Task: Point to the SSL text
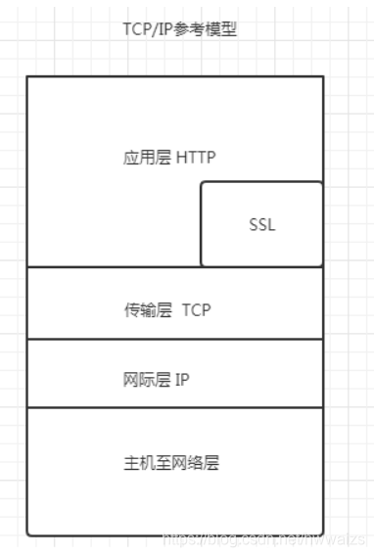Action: pyautogui.click(x=261, y=224)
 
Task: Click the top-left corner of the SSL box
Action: pyautogui.click(x=202, y=182)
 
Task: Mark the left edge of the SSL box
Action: pyautogui.click(x=201, y=224)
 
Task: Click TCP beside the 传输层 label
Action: pyautogui.click(x=196, y=310)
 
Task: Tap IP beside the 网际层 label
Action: pyautogui.click(x=181, y=381)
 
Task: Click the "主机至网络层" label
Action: pyautogui.click(x=172, y=463)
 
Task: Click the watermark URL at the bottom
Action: pyautogui.click(x=264, y=539)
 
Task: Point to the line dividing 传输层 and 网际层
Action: pyautogui.click(x=174, y=339)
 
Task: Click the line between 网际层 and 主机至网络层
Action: pyautogui.click(x=174, y=407)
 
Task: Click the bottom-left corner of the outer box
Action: pyautogui.click(x=27, y=534)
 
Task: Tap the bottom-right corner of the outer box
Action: pyautogui.click(x=322, y=534)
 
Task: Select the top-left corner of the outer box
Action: pyautogui.click(x=27, y=76)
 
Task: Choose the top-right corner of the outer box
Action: pyautogui.click(x=322, y=76)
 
